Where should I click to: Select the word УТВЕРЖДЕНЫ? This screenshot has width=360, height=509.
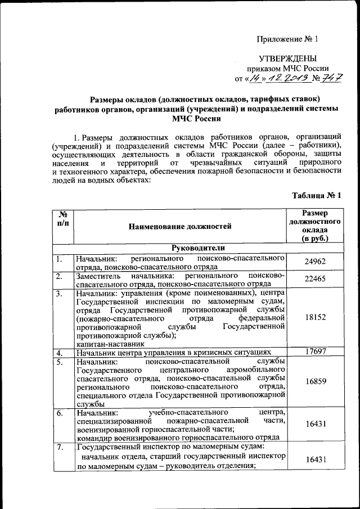(287, 58)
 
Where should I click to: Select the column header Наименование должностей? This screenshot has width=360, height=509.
(180, 227)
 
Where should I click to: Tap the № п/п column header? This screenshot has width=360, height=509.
(63, 219)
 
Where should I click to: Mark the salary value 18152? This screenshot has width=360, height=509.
(314, 318)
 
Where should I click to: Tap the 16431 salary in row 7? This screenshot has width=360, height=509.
(314, 460)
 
